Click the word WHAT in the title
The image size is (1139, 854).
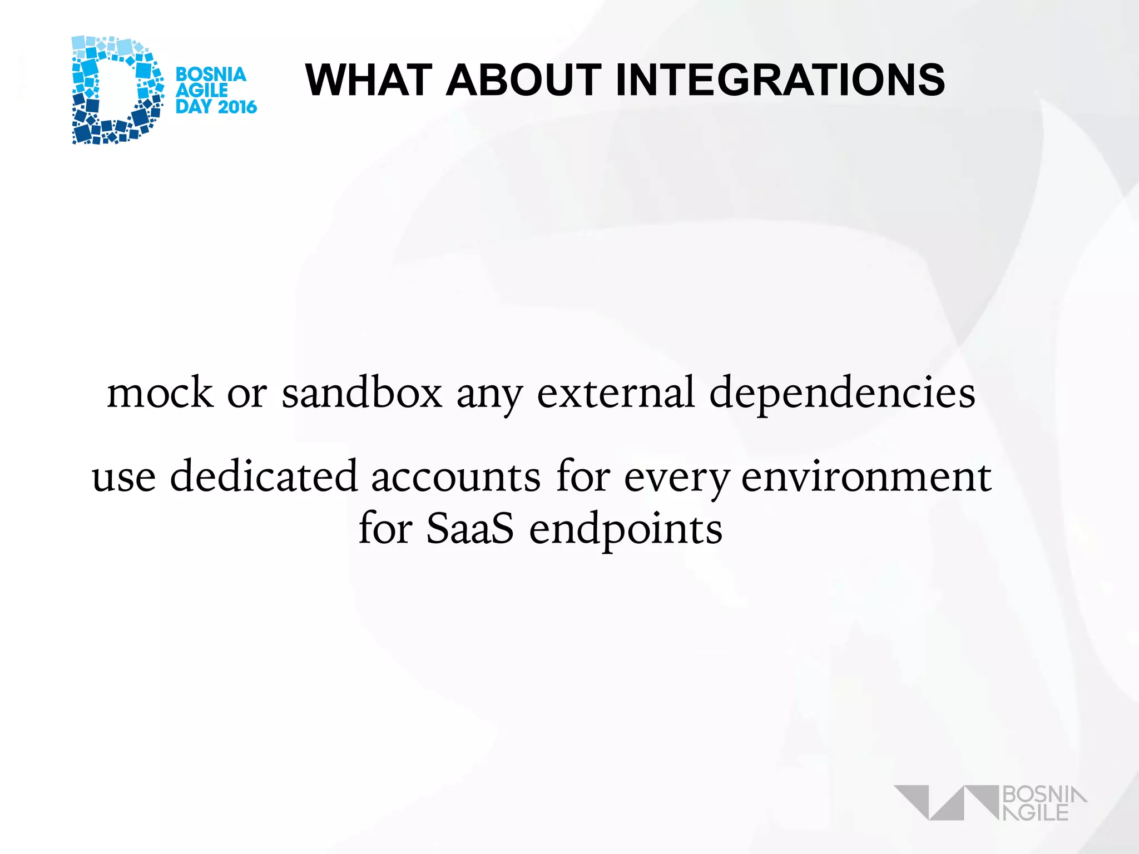coord(369,80)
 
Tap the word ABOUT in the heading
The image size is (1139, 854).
coord(523,80)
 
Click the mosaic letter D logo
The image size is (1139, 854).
coord(117,90)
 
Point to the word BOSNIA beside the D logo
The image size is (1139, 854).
coord(211,75)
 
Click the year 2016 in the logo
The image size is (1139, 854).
coord(236,107)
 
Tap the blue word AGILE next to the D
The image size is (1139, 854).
coord(201,91)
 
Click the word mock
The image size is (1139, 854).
coord(160,393)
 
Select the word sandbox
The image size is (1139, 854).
coord(362,393)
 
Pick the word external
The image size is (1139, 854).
coord(616,393)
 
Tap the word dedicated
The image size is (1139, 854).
coord(263,476)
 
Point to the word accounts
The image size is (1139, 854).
coord(455,477)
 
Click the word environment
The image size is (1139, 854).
coord(866,477)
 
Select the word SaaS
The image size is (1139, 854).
coord(470,528)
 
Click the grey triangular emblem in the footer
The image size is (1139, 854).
coord(945,802)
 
